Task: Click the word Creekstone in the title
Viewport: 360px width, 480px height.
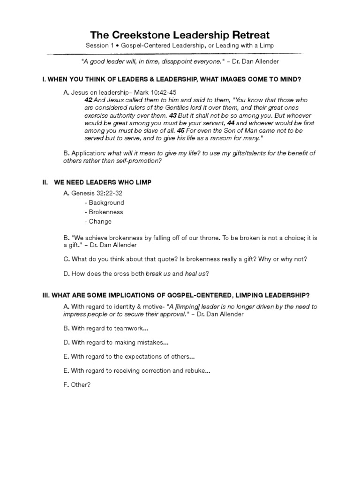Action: pos(143,35)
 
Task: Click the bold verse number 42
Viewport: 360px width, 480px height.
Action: pos(88,100)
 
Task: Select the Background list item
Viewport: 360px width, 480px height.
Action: pos(106,202)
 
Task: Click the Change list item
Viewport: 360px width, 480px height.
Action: pos(100,221)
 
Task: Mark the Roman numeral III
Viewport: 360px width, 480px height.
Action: pos(46,294)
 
